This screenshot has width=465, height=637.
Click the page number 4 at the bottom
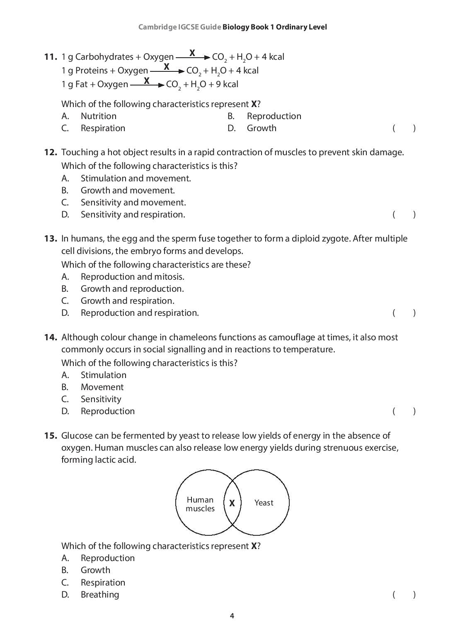pyautogui.click(x=232, y=616)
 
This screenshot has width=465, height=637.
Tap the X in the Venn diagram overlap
pyautogui.click(x=232, y=503)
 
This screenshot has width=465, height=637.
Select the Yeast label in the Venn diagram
pyautogui.click(x=264, y=503)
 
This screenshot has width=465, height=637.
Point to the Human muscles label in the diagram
pyautogui.click(x=200, y=504)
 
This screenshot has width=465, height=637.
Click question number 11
pyautogui.click(x=50, y=57)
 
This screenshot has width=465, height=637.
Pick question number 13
pyautogui.click(x=50, y=239)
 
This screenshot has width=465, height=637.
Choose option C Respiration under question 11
pyautogui.click(x=102, y=128)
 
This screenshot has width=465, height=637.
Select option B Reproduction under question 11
pyautogui.click(x=274, y=116)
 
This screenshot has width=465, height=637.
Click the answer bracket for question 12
pyautogui.click(x=404, y=215)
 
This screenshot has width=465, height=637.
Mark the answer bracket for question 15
pyautogui.click(x=404, y=595)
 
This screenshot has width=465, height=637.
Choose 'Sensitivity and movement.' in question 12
pyautogui.click(x=133, y=203)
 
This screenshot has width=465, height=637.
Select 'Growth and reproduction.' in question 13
pyautogui.click(x=132, y=289)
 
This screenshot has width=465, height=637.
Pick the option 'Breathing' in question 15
pyautogui.click(x=99, y=595)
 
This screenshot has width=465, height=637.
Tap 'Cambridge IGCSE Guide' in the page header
pyautogui.click(x=179, y=27)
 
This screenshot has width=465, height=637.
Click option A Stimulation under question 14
pyautogui.click(x=103, y=375)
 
